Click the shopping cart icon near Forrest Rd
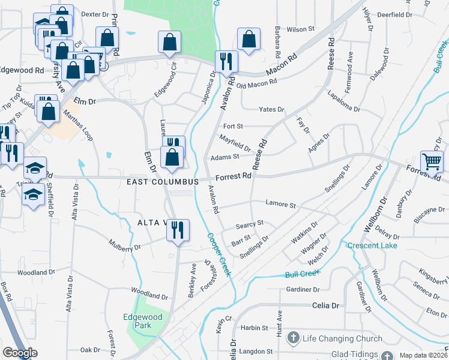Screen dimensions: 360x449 click(432, 161)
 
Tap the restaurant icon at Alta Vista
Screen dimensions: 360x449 click(177, 230)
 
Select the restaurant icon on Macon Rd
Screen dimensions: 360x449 click(226, 61)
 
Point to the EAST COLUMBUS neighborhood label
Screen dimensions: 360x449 click(162, 181)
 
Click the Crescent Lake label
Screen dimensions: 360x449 click(372, 245)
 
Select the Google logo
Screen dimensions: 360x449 click(20, 353)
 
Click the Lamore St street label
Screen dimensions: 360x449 click(282, 205)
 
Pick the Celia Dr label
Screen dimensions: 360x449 click(325, 305)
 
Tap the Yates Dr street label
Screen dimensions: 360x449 click(271, 109)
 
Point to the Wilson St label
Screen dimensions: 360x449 click(301, 28)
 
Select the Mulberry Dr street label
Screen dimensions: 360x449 click(124, 245)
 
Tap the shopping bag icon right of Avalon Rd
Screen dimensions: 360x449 click(248, 40)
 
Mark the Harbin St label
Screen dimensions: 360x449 click(255, 328)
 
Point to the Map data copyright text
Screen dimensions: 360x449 click(423, 355)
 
